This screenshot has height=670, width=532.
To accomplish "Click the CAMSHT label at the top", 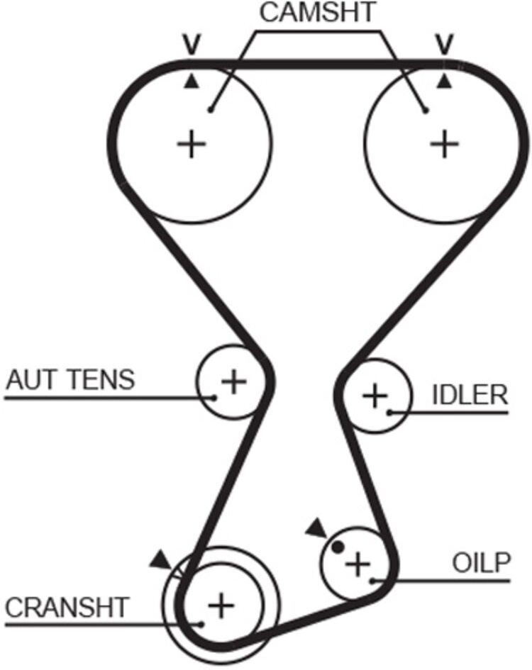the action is pos(317,12).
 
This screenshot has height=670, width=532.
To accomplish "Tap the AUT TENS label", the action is pos(70,379).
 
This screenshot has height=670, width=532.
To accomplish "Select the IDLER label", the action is pos(470,395).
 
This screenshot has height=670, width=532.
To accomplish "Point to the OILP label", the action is pos(482,563).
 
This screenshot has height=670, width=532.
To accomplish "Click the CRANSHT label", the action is pos(67,607).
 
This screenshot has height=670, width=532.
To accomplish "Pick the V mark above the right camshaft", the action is pos(445,45).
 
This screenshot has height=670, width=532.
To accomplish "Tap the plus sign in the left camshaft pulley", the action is pos(192,144).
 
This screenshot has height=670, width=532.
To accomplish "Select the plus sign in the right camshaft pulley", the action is pos(444,144).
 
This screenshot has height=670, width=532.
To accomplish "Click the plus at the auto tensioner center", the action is pos(233,381).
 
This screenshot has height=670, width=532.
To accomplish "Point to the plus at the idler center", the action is pos(375,396).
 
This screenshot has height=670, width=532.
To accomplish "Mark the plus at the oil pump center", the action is pos(358,564).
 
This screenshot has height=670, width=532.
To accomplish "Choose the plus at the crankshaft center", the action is pos(221,605).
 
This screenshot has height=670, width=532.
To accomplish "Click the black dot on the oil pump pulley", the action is pos(338,547).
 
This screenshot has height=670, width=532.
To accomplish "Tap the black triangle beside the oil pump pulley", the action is pos(316,528).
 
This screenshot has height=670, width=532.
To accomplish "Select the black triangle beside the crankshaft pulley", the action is pos(162,560).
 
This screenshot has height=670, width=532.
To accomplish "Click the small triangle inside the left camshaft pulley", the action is pos(191,82).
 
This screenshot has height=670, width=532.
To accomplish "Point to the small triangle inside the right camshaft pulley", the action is pos(444,82).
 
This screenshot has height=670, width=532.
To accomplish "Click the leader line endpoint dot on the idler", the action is pos(390,413).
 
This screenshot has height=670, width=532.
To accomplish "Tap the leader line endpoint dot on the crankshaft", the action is pos(201,625).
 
